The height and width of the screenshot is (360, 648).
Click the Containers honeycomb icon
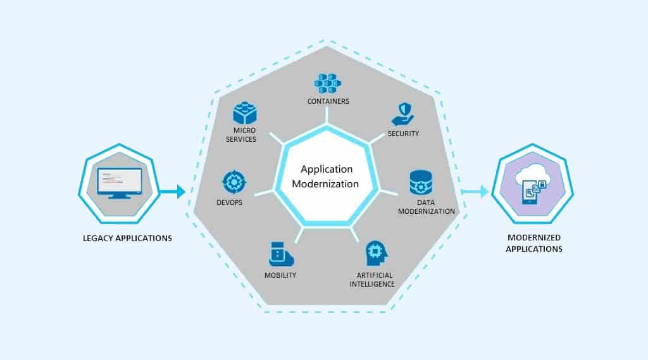pyautogui.click(x=327, y=84)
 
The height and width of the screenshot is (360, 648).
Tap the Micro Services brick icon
pyautogui.click(x=244, y=113)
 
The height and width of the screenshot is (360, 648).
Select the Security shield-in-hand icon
pyautogui.click(x=403, y=115)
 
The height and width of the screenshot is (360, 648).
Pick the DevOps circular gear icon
pyautogui.click(x=234, y=182)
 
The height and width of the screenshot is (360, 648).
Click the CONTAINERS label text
pyautogui.click(x=328, y=101)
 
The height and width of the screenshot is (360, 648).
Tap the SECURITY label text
pyautogui.click(x=403, y=133)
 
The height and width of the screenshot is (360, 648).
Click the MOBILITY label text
pyautogui.click(x=280, y=275)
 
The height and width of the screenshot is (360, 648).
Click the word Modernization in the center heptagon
pyautogui.click(x=327, y=184)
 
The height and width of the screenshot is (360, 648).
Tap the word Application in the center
pyautogui.click(x=327, y=169)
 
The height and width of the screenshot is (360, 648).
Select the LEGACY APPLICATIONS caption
pyautogui.click(x=128, y=239)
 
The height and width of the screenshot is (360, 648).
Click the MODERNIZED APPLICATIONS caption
pyautogui.click(x=534, y=243)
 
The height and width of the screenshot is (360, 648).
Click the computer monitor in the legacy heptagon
pyautogui.click(x=119, y=183)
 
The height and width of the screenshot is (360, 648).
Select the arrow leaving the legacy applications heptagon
pyautogui.click(x=171, y=190)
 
